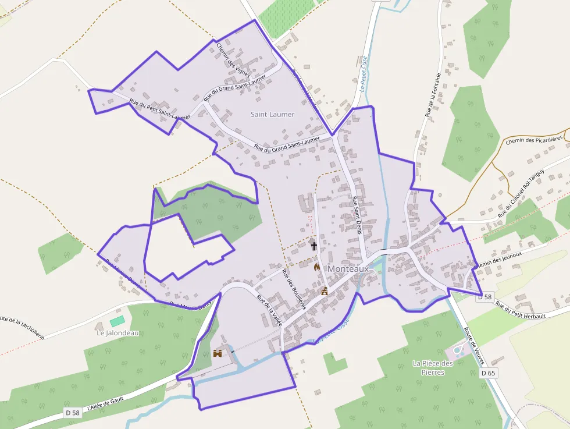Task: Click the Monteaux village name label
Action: tap(348, 269)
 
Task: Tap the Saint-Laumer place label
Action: tap(272, 114)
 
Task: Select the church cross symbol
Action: tap(314, 245)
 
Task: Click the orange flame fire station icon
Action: tap(317, 267)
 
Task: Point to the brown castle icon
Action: tap(218, 353)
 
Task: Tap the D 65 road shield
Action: tap(489, 373)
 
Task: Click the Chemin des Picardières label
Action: tap(534, 140)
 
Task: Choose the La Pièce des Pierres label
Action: tap(433, 367)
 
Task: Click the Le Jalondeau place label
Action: tap(117, 333)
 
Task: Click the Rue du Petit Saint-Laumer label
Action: tap(159, 110)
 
